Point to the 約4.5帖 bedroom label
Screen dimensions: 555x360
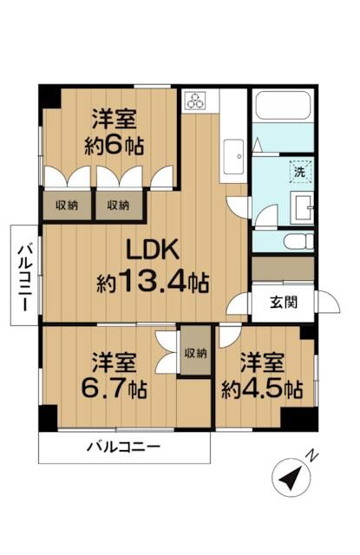[260, 375]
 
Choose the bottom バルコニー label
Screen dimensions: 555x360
[123, 448]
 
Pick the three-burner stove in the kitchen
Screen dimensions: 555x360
[197, 100]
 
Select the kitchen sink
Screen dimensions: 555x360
[234, 159]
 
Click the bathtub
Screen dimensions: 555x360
[283, 109]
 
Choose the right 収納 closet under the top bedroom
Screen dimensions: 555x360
[119, 206]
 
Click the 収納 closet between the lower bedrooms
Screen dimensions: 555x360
[196, 352]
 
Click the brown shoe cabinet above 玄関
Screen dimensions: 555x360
[283, 269]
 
